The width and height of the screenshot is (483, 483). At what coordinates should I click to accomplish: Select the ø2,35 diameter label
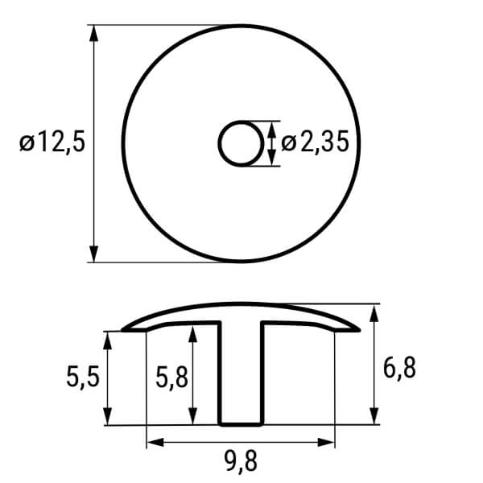tap(315, 142)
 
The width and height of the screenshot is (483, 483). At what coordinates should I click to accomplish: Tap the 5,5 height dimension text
tap(83, 378)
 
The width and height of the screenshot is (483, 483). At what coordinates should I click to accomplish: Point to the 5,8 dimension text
tap(171, 378)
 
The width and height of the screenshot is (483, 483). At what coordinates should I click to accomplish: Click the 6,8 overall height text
tap(399, 368)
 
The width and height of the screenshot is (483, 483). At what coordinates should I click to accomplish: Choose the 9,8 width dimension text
tap(241, 461)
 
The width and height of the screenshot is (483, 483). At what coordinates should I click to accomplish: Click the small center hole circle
tap(242, 144)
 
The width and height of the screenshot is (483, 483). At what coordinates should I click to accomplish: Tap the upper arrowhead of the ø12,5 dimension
tap(93, 33)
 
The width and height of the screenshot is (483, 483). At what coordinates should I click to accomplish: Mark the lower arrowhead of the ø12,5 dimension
tap(93, 254)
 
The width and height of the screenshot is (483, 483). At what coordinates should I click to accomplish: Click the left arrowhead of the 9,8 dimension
tap(155, 443)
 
